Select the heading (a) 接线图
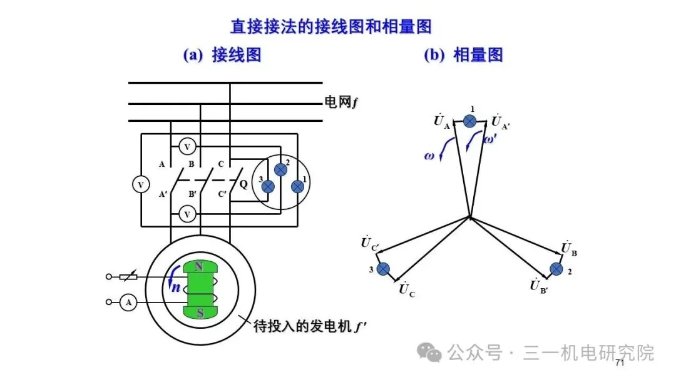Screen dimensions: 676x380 coord(222,55)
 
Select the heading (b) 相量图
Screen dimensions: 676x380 coord(463,55)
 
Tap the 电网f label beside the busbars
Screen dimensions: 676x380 coord(341,101)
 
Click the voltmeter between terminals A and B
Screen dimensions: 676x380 coord(186,147)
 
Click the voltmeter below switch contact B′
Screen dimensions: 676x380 coord(186,214)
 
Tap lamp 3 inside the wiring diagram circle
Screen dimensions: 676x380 coord(268,186)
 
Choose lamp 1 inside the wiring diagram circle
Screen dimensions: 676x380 coord(298,186)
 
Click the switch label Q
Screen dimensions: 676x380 coord(243,184)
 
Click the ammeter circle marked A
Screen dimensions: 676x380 coord(129,303)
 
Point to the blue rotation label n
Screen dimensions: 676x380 coord(176,288)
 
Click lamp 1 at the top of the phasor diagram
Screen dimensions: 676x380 coord(470,121)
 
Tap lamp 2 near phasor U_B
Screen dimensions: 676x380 coord(555,269)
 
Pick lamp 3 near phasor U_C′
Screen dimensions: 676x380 coord(383,269)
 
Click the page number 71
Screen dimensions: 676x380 coord(620,363)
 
